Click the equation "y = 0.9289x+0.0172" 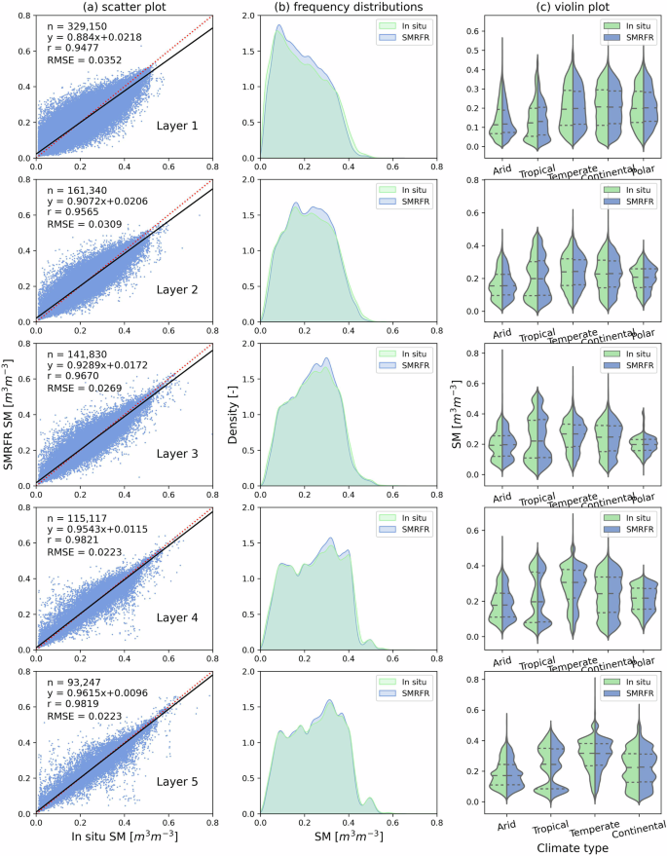(94, 374)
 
